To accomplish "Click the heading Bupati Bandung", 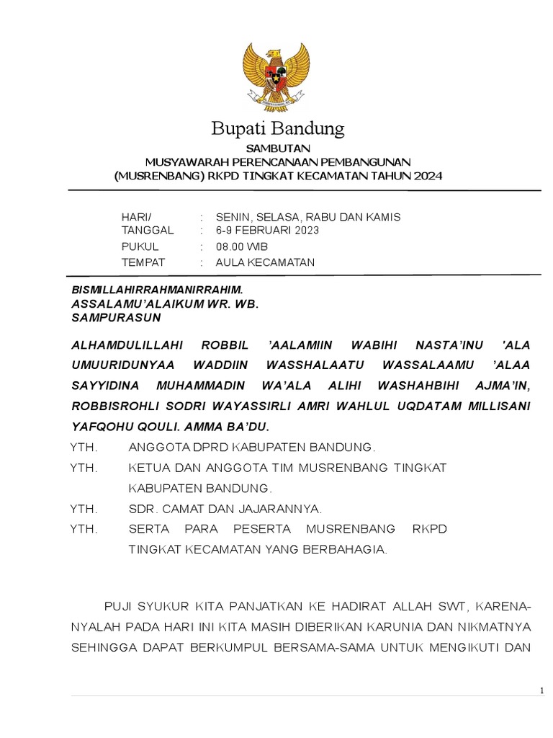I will tap(277, 130).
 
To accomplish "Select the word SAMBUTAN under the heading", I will tap(277, 148).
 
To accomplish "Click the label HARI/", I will tap(137, 217).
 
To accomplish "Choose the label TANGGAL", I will tap(148, 231).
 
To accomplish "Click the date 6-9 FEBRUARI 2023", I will tap(266, 231).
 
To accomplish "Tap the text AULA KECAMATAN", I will tap(265, 262).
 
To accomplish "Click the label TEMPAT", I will tap(144, 262).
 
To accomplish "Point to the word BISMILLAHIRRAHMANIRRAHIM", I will tap(152, 289).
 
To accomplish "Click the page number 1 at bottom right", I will tap(541, 691).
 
